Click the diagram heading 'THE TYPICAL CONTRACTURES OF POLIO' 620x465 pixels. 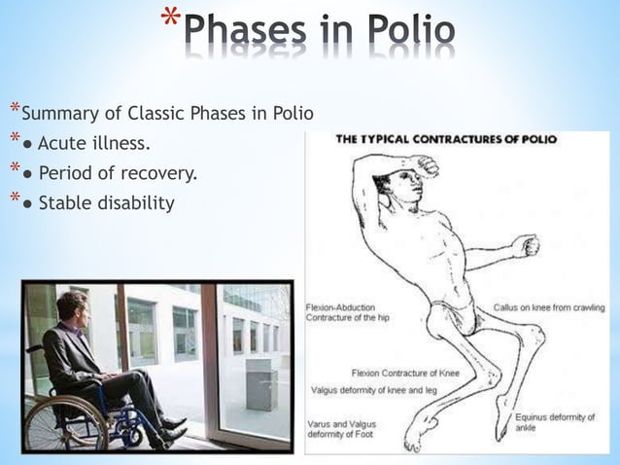pos(446,139)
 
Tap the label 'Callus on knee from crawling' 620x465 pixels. pos(549,307)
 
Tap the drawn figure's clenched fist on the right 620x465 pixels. pos(526,245)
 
